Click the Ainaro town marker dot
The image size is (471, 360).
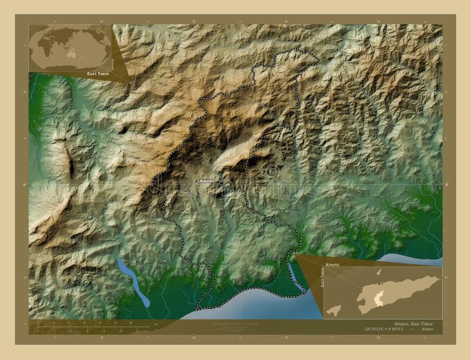point(197,181)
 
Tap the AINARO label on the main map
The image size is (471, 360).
point(207,181)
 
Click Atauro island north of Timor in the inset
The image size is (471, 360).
point(379,272)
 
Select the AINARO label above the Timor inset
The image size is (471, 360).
point(333,266)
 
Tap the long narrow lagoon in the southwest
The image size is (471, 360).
point(133,282)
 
